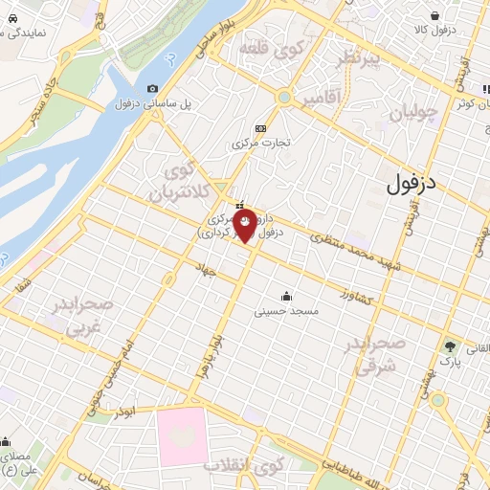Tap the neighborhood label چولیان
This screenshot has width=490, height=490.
click(x=413, y=114)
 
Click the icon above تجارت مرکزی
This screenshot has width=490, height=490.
click(x=259, y=129)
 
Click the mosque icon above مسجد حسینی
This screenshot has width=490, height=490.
click(x=286, y=297)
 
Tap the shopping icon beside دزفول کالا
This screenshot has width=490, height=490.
click(x=436, y=15)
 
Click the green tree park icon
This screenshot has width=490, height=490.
click(x=448, y=345)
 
